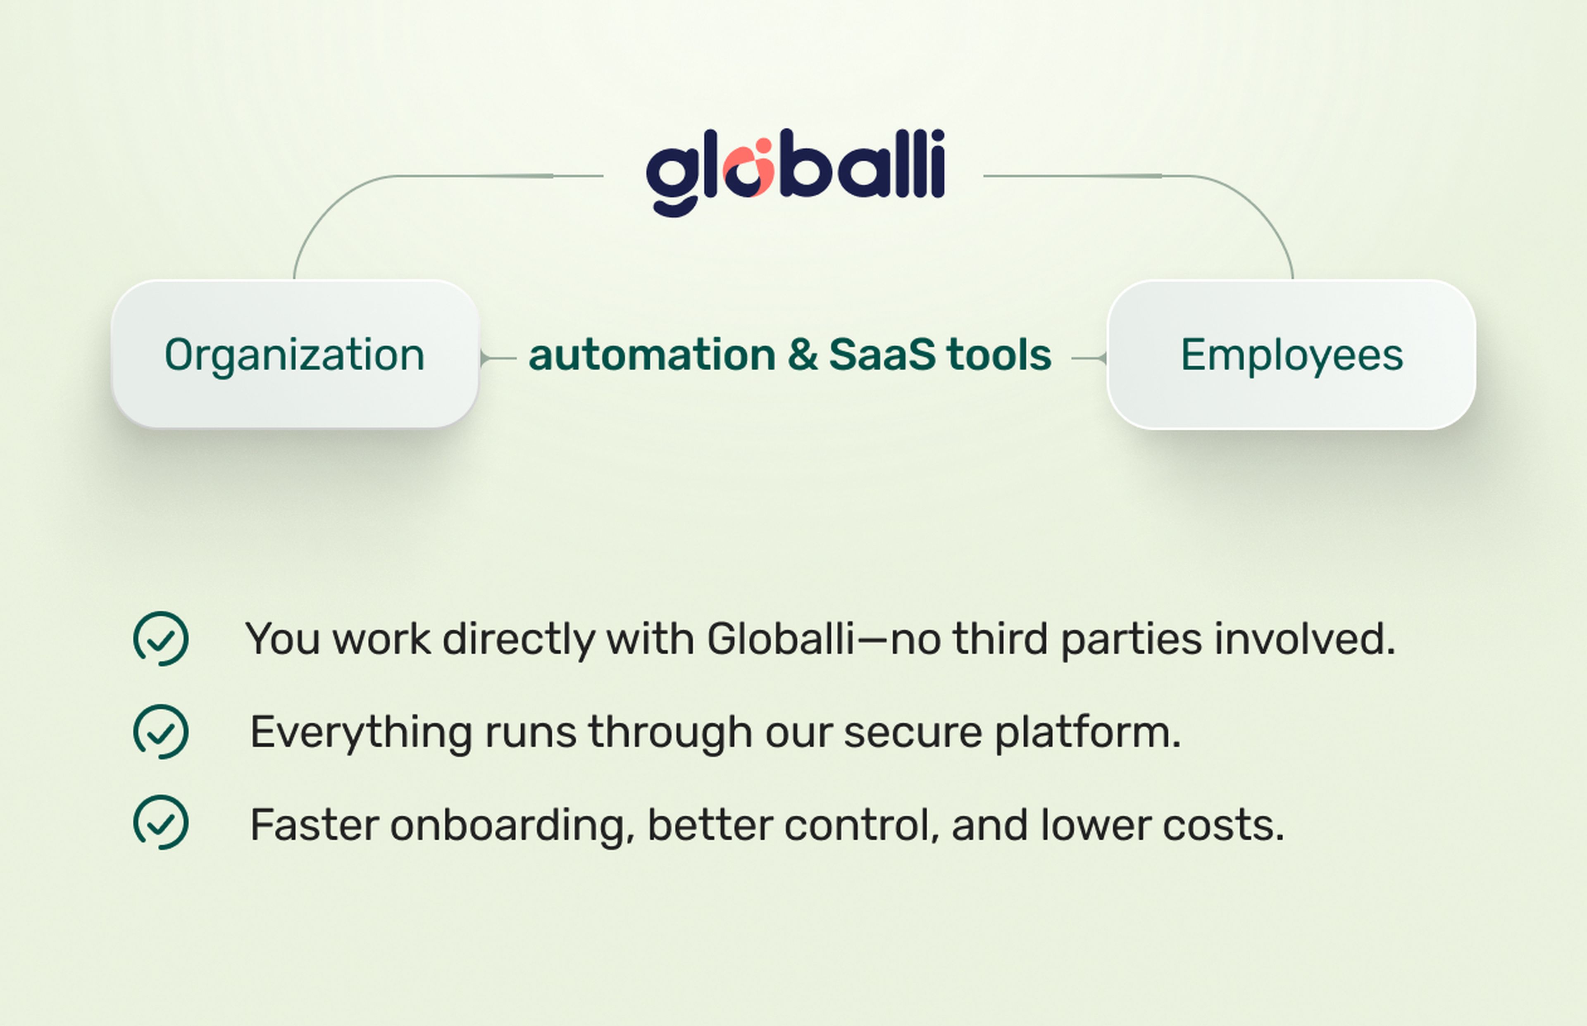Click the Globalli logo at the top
795,172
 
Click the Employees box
1291,355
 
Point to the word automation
652,355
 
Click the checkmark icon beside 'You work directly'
161,638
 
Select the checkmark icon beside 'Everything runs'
161,731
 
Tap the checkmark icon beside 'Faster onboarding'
161,822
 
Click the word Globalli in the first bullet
780,638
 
